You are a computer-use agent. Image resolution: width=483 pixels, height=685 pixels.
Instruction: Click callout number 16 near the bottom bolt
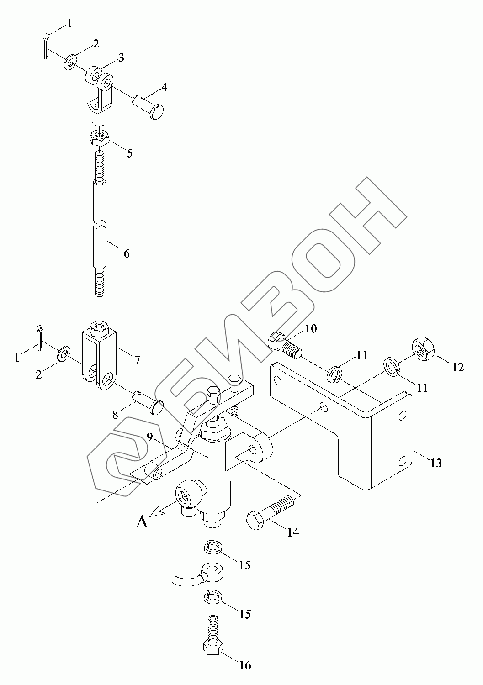[x=245, y=665]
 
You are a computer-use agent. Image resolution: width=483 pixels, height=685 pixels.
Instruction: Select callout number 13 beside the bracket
[x=436, y=463]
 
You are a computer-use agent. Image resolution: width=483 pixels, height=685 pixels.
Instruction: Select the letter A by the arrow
[x=143, y=521]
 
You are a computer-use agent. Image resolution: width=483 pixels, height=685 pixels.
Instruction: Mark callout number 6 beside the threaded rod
[x=126, y=253]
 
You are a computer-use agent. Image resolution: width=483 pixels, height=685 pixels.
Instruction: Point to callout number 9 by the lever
[x=149, y=437]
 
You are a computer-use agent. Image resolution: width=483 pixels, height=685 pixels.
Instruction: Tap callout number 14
[x=292, y=532]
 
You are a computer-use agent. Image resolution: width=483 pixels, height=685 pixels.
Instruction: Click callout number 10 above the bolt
[x=311, y=328]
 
